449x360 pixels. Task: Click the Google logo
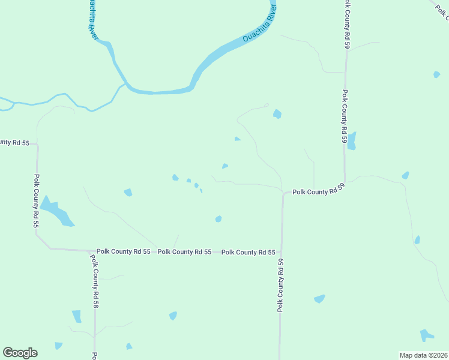(20, 353)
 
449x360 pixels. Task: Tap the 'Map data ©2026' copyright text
(423, 355)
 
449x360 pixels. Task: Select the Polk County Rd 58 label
(95, 281)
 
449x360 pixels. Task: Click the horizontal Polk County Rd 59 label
(318, 192)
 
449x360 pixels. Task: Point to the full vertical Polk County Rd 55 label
(36, 201)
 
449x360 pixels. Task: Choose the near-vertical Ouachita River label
(93, 19)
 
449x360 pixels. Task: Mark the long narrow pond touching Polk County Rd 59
(352, 140)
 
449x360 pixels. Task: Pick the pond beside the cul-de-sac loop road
(277, 113)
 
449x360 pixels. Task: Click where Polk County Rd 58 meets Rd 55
(94, 251)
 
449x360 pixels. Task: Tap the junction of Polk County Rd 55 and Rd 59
(282, 253)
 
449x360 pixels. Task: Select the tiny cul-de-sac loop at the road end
(266, 105)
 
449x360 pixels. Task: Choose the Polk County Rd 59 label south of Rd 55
(280, 285)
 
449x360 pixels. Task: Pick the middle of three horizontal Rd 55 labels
(184, 252)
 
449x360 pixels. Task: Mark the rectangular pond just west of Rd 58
(77, 316)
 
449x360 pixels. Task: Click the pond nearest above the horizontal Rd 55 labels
(218, 218)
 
